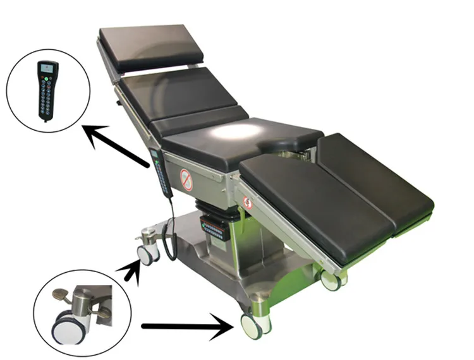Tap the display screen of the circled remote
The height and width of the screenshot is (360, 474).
click(47, 69)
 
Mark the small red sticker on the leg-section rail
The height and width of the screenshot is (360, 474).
click(247, 203)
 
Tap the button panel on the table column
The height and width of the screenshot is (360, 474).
click(215, 229)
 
